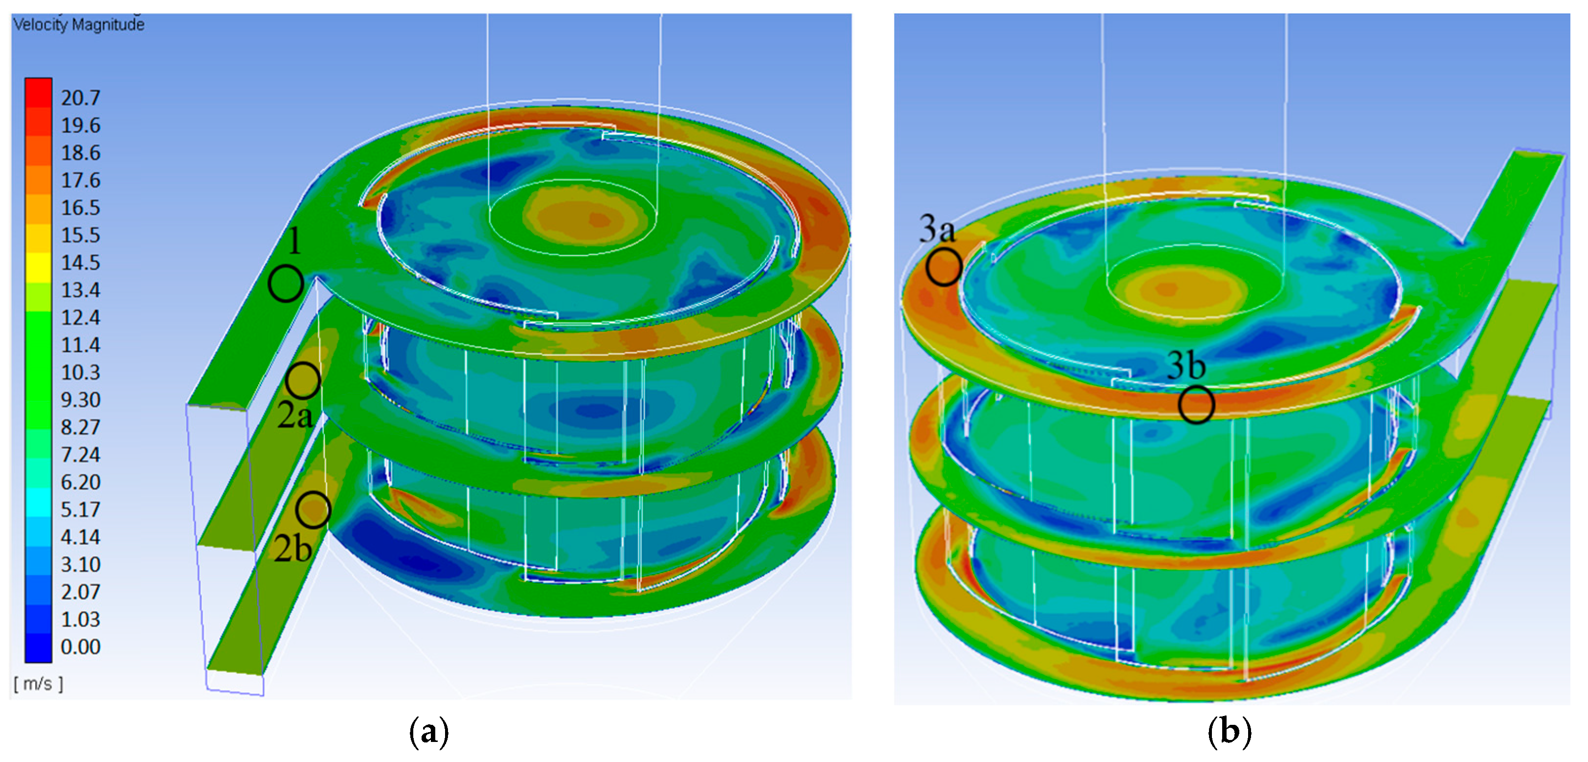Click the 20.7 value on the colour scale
pos(80,97)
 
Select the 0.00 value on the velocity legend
pos(80,647)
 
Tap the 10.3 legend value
pos(80,372)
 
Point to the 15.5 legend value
pos(80,235)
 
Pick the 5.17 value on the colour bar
pos(80,509)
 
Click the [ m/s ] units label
pos(38,684)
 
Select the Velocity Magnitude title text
pos(79,24)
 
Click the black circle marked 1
pos(286,284)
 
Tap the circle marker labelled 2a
pos(303,381)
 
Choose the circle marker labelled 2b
pos(313,510)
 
